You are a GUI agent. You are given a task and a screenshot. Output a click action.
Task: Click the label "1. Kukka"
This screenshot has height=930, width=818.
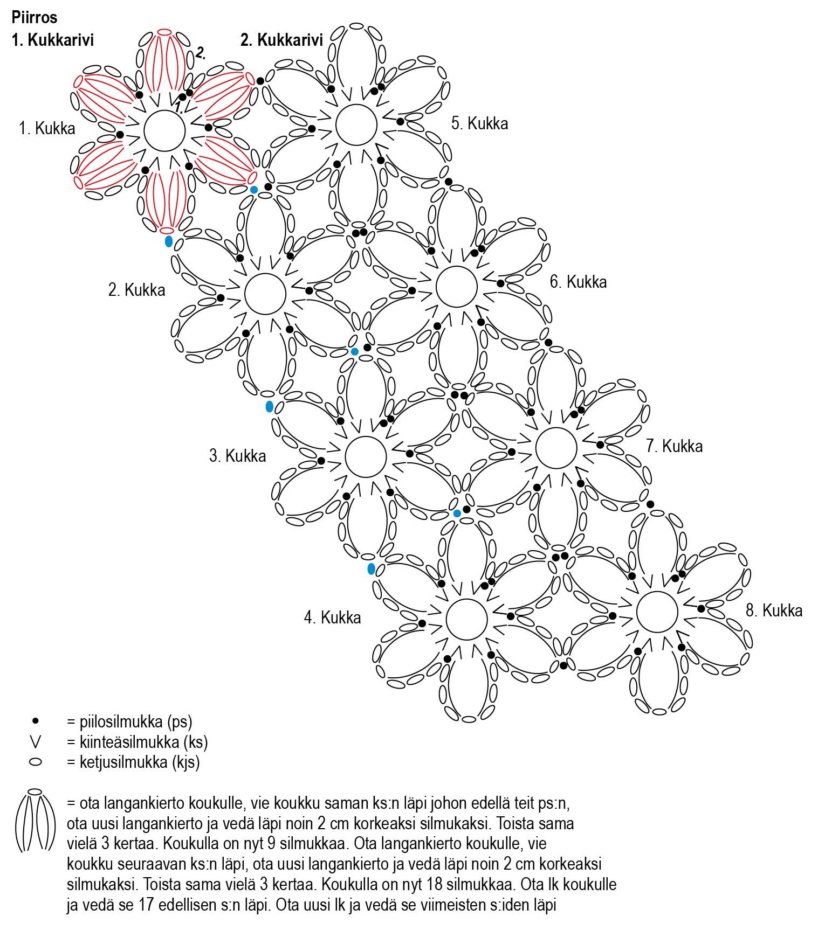coord(47,129)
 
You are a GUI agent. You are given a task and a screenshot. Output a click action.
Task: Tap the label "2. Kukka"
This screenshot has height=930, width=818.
coord(136,290)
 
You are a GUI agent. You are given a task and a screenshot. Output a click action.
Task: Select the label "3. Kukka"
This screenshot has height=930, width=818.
coord(237,456)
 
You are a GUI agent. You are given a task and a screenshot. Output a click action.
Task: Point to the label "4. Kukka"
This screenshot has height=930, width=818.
coord(332,617)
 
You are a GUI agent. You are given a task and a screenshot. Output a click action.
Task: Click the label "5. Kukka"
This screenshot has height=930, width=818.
coord(479,123)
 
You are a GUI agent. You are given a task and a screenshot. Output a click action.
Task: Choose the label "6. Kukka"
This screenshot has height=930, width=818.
coord(578,282)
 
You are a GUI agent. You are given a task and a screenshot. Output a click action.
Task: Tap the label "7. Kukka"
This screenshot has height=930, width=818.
coord(674,446)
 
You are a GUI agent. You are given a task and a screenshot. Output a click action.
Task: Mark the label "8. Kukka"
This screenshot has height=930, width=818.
coord(774,610)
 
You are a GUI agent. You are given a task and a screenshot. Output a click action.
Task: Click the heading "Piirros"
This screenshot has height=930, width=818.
coord(34,17)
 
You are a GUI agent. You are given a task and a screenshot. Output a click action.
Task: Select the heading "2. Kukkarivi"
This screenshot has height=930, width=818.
coord(281,40)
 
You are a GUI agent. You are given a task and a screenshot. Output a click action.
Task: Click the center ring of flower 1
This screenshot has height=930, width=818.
coord(164,130)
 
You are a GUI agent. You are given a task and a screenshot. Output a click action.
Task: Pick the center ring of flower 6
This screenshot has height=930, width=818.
coord(456,287)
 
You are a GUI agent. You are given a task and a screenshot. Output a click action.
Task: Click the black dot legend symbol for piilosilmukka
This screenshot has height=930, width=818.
coord(36,721)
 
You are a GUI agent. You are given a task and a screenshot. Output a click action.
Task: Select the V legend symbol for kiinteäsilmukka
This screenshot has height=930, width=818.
coord(36,742)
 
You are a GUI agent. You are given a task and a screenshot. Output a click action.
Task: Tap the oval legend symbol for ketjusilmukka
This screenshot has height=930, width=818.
coord(36,762)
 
